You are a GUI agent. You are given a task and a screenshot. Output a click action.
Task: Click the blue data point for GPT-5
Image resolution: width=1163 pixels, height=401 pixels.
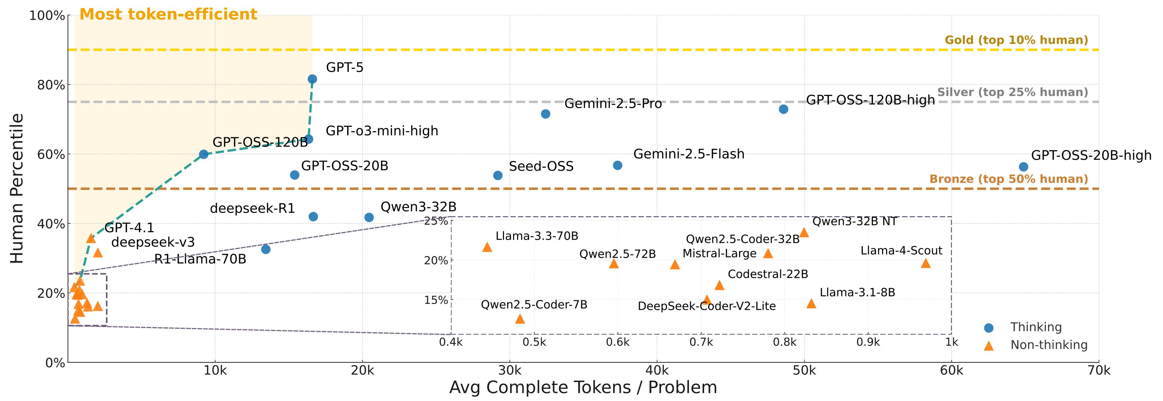click(312, 79)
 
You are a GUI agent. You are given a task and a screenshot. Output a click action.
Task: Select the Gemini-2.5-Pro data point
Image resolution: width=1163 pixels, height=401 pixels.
click(545, 114)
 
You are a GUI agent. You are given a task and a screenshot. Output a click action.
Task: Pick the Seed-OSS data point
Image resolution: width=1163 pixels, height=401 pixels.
click(497, 175)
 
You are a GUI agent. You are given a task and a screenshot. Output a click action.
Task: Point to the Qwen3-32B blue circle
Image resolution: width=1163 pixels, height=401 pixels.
click(369, 218)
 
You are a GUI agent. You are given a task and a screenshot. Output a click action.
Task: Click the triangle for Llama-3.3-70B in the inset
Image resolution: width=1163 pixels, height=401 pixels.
click(487, 247)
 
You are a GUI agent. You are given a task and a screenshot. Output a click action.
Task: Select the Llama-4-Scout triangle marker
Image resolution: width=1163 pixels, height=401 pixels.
click(925, 263)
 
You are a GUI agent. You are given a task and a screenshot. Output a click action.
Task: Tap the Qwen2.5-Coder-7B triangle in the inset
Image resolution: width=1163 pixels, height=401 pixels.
click(520, 319)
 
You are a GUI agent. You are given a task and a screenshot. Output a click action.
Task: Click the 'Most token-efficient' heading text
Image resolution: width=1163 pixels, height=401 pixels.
click(168, 15)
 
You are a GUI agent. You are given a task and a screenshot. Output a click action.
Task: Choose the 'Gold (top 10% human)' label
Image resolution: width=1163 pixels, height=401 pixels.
click(1016, 40)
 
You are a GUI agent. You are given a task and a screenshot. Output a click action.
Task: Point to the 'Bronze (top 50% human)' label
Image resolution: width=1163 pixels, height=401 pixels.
click(1009, 179)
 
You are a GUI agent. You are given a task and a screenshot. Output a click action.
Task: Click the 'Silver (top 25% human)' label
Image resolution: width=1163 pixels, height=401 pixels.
click(1013, 92)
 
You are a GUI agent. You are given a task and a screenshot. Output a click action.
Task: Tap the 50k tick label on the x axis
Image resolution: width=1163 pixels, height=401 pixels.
click(804, 371)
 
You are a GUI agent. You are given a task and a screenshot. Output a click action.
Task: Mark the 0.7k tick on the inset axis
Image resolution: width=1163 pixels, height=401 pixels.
click(701, 342)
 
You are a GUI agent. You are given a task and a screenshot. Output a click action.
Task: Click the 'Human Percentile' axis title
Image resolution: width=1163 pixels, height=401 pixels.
click(17, 188)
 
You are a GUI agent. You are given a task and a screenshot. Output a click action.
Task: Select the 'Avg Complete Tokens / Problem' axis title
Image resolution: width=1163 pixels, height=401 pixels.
click(583, 388)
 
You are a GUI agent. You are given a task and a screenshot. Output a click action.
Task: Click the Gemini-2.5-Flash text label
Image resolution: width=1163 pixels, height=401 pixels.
click(688, 154)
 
